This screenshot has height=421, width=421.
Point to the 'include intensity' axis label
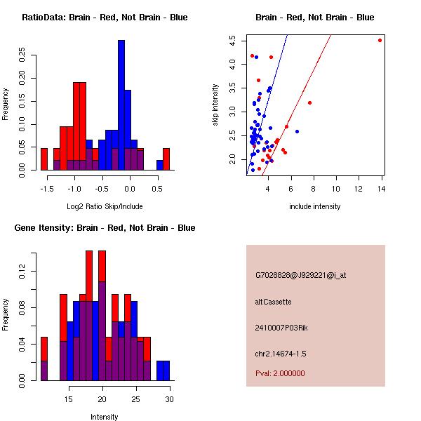coord(314,206)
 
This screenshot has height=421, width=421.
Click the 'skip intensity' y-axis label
coord(215,105)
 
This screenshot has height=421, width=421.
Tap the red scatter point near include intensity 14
coord(380,40)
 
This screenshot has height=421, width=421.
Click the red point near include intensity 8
coord(309,102)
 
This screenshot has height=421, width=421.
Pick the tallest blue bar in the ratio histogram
coord(121,105)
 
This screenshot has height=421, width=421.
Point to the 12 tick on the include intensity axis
coord(359,189)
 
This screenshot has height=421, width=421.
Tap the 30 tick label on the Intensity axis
coord(169,399)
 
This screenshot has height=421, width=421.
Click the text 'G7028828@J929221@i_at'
coord(300,275)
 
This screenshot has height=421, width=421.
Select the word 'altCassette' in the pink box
coord(273,302)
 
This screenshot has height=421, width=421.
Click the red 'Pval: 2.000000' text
coord(280,373)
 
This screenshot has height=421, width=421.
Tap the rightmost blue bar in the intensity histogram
coord(163,370)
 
